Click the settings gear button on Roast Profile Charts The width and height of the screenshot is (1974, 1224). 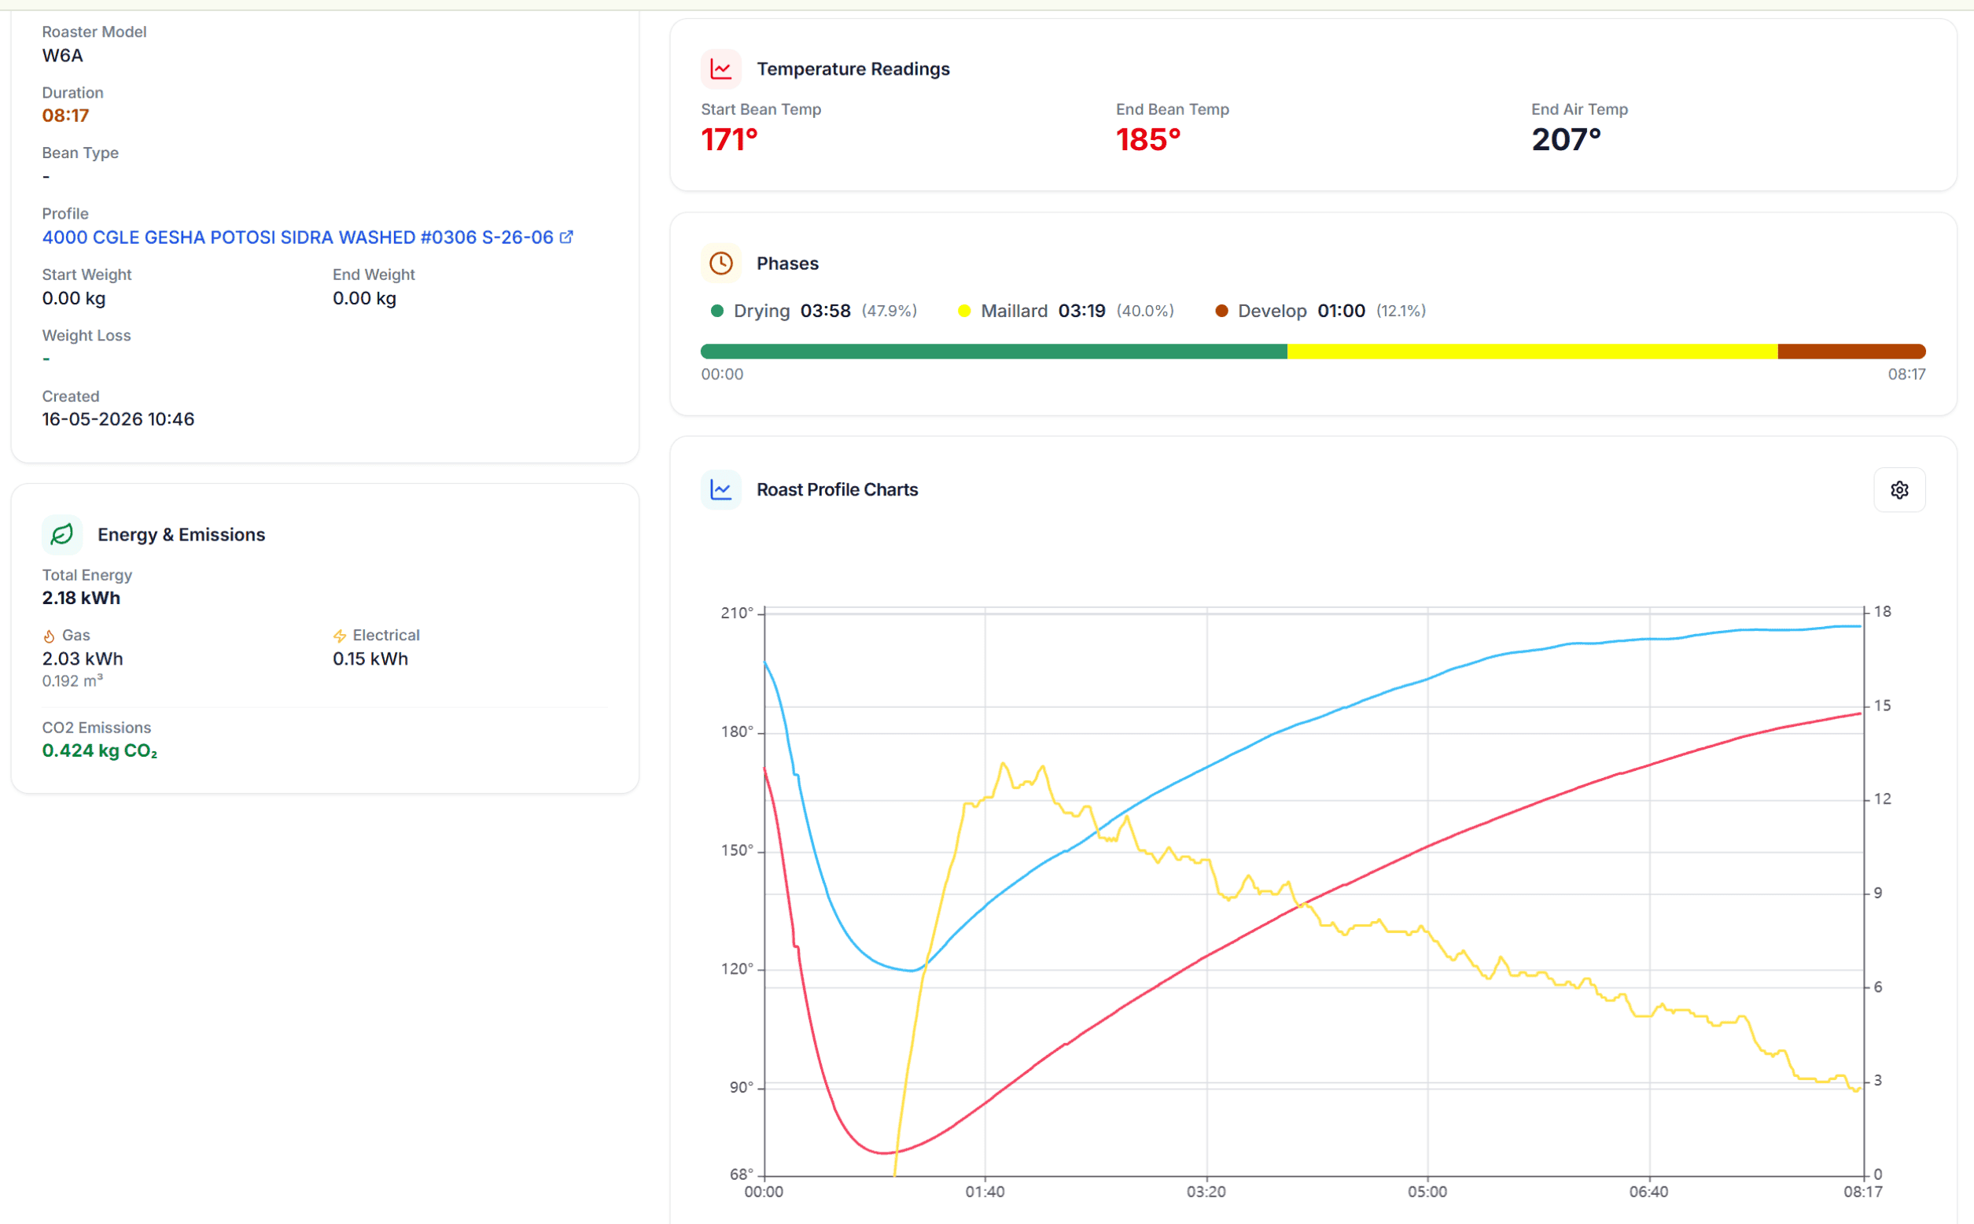pyautogui.click(x=1899, y=490)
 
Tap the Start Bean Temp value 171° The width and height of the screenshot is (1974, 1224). pyautogui.click(x=729, y=139)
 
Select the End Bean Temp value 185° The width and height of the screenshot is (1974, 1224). pyautogui.click(x=1147, y=139)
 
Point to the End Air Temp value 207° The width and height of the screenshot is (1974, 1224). pyautogui.click(x=1566, y=139)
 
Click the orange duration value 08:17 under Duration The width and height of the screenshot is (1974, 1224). pyautogui.click(x=65, y=116)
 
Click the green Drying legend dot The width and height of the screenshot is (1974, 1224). pyautogui.click(x=716, y=311)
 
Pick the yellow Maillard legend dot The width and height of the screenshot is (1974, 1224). pyautogui.click(x=964, y=311)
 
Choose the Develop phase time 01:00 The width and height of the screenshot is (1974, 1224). pyautogui.click(x=1341, y=311)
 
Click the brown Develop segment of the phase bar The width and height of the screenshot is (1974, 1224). pyautogui.click(x=1851, y=352)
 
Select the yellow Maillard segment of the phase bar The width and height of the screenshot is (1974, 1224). pyautogui.click(x=1532, y=352)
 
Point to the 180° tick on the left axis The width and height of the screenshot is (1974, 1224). pyautogui.click(x=736, y=732)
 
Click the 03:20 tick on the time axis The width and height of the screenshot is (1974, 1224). pyautogui.click(x=1206, y=1192)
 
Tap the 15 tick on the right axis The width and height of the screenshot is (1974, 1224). pyautogui.click(x=1883, y=706)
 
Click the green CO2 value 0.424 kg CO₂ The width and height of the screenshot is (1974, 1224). pyautogui.click(x=100, y=751)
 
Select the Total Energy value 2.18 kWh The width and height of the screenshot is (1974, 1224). pyautogui.click(x=81, y=599)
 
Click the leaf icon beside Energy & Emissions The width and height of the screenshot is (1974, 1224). pyautogui.click(x=61, y=534)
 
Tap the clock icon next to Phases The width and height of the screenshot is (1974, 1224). pyautogui.click(x=720, y=263)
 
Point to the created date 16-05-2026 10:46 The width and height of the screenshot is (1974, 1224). pyautogui.click(x=118, y=419)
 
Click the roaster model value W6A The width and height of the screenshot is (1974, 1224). pyautogui.click(x=62, y=56)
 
